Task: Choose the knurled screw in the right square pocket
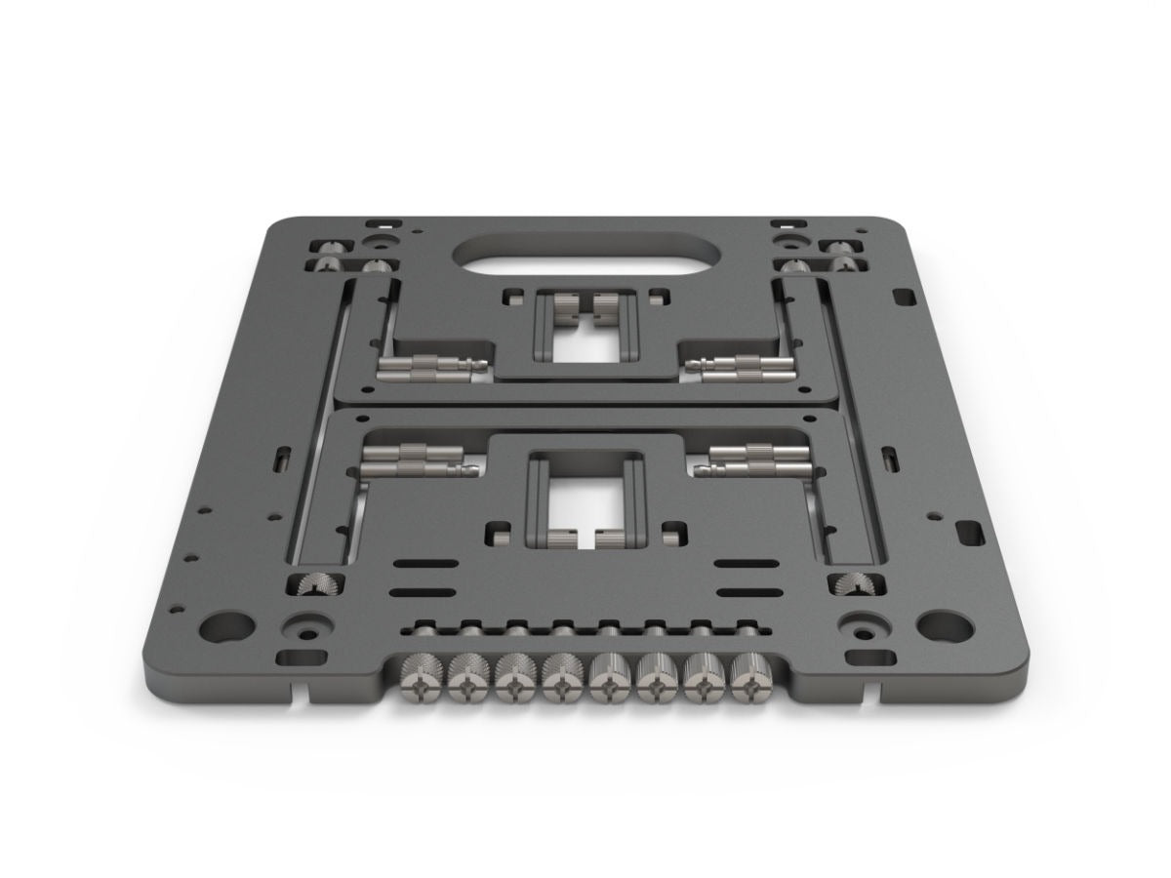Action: coord(853,586)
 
